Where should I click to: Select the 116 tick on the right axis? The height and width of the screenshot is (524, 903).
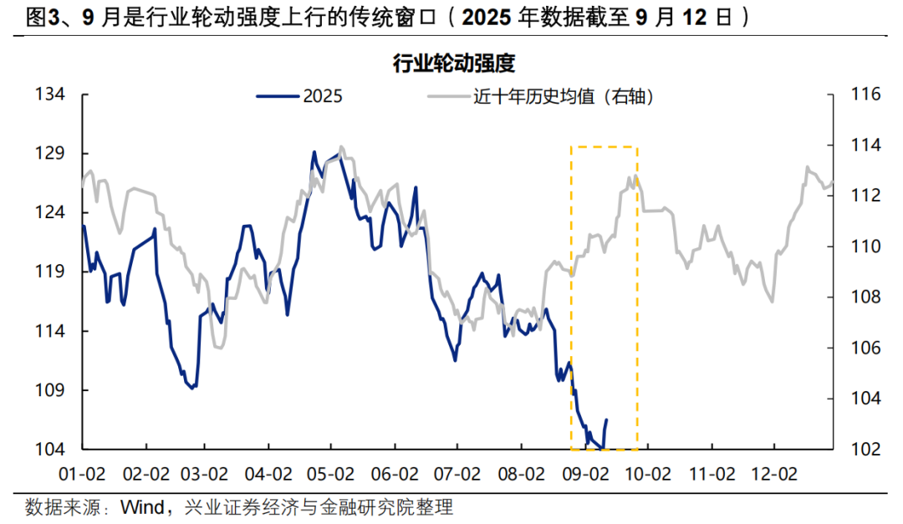pos(865,94)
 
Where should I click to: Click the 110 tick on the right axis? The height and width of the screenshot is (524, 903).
pos(865,247)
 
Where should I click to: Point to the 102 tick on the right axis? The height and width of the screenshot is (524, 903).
pos(865,449)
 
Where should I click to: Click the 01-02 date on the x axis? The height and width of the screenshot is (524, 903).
pos(83,474)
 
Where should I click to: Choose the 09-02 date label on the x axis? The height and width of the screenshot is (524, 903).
pos(585,474)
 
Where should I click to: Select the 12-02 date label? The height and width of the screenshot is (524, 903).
pos(773,474)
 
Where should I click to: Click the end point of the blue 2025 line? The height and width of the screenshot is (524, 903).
pos(606,420)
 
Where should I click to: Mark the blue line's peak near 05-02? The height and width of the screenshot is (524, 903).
pos(314,152)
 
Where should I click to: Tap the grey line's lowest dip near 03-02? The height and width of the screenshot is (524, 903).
pos(219,347)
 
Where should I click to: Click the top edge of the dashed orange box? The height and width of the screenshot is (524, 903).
pos(604,147)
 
